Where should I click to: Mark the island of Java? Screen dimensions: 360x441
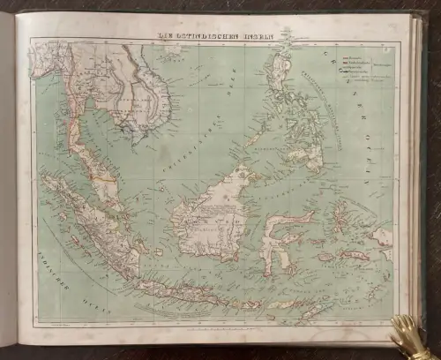[190, 291]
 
